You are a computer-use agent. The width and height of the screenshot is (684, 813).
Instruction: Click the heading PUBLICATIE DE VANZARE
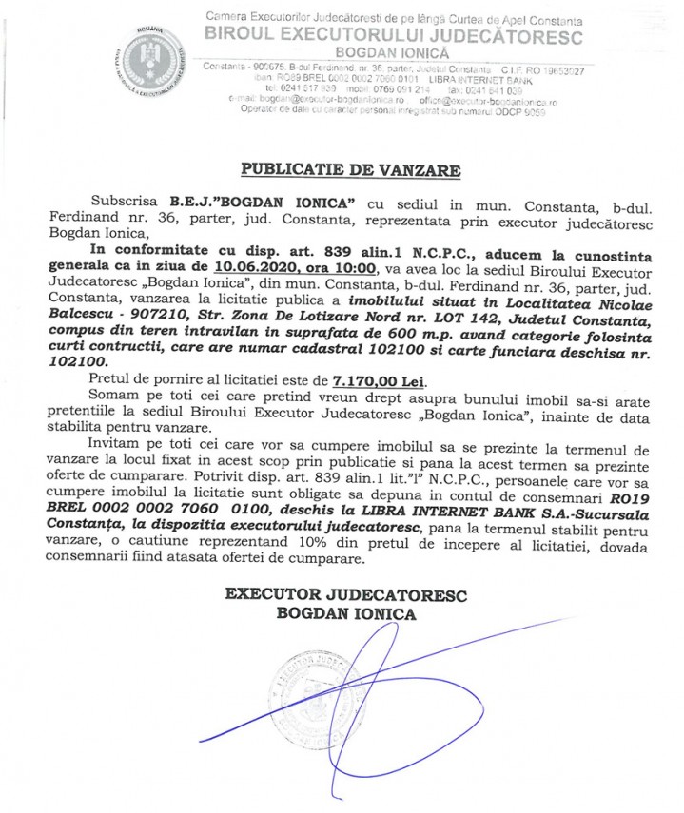tap(351, 170)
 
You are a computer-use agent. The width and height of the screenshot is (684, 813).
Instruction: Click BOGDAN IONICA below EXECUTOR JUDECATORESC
tap(346, 613)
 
